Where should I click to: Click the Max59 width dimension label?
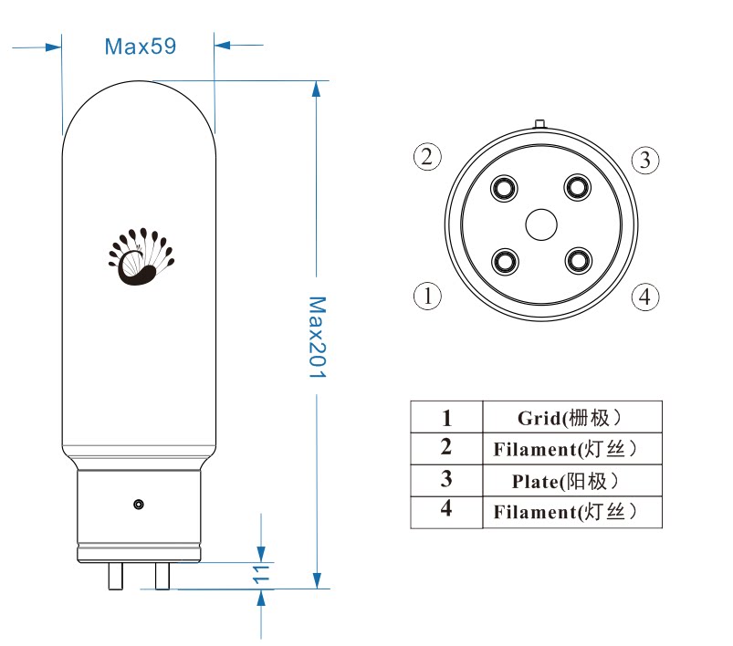pyautogui.click(x=140, y=46)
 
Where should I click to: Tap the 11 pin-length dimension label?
pyautogui.click(x=261, y=574)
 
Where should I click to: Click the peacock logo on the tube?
pyautogui.click(x=141, y=256)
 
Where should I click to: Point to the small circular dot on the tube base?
pyautogui.click(x=138, y=504)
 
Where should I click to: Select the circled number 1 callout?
pyautogui.click(x=427, y=296)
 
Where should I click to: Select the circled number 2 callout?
pyautogui.click(x=427, y=157)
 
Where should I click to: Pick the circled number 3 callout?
pyautogui.click(x=644, y=160)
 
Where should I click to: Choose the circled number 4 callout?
pyautogui.click(x=644, y=297)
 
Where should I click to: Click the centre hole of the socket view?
pyautogui.click(x=540, y=224)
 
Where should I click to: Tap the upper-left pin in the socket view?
pyautogui.click(x=503, y=188)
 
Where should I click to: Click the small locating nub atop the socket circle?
pyautogui.click(x=539, y=122)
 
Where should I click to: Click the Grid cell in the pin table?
pyautogui.click(x=571, y=418)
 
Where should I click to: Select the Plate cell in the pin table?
pyautogui.click(x=571, y=480)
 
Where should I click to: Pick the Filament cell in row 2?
pyautogui.click(x=571, y=449)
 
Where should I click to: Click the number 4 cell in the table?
pyautogui.click(x=446, y=509)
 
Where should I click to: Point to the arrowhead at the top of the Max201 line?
pyautogui.click(x=316, y=88)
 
